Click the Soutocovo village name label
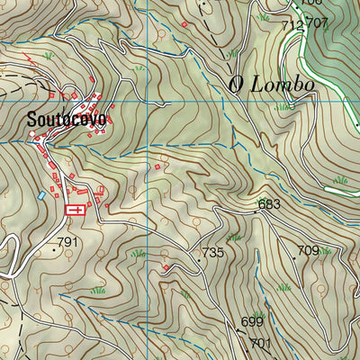[x=66, y=119]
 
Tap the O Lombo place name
[x=271, y=85]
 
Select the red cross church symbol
[x=76, y=211]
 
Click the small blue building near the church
[x=40, y=194]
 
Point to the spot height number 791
[x=69, y=243]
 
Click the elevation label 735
[x=212, y=253]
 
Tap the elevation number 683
[x=269, y=204]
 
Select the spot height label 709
[x=308, y=250]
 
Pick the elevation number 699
[x=251, y=322]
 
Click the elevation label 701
[x=260, y=343]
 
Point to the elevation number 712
[x=292, y=26]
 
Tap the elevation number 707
[x=315, y=22]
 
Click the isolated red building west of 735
[x=166, y=267]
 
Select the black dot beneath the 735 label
[x=200, y=260]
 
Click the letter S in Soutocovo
[x=31, y=119]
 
